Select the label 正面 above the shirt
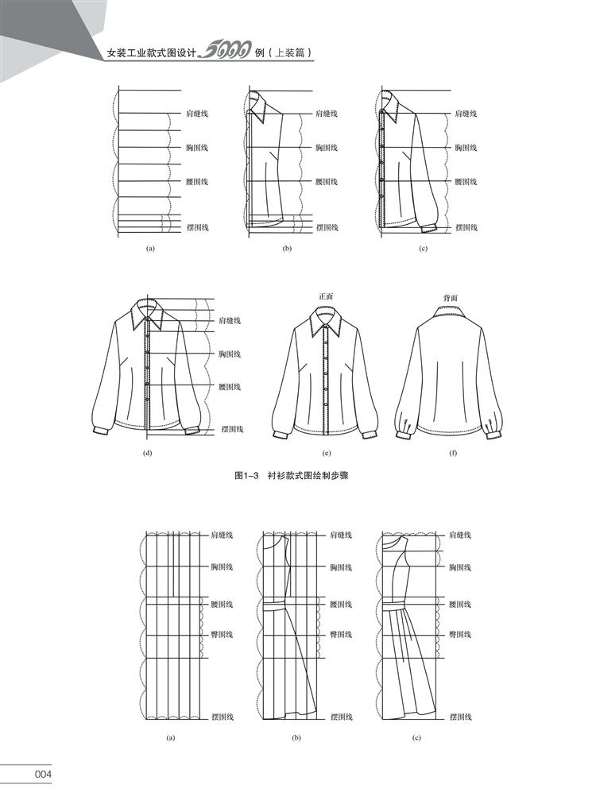[327, 296]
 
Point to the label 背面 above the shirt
[450, 298]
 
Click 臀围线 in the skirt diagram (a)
[222, 635]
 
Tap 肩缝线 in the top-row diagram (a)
[196, 114]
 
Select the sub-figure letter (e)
[327, 454]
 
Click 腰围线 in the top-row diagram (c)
[466, 182]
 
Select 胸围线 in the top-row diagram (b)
[326, 148]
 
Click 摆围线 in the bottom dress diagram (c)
[461, 717]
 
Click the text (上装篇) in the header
[292, 54]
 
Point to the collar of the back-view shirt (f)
[450, 312]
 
